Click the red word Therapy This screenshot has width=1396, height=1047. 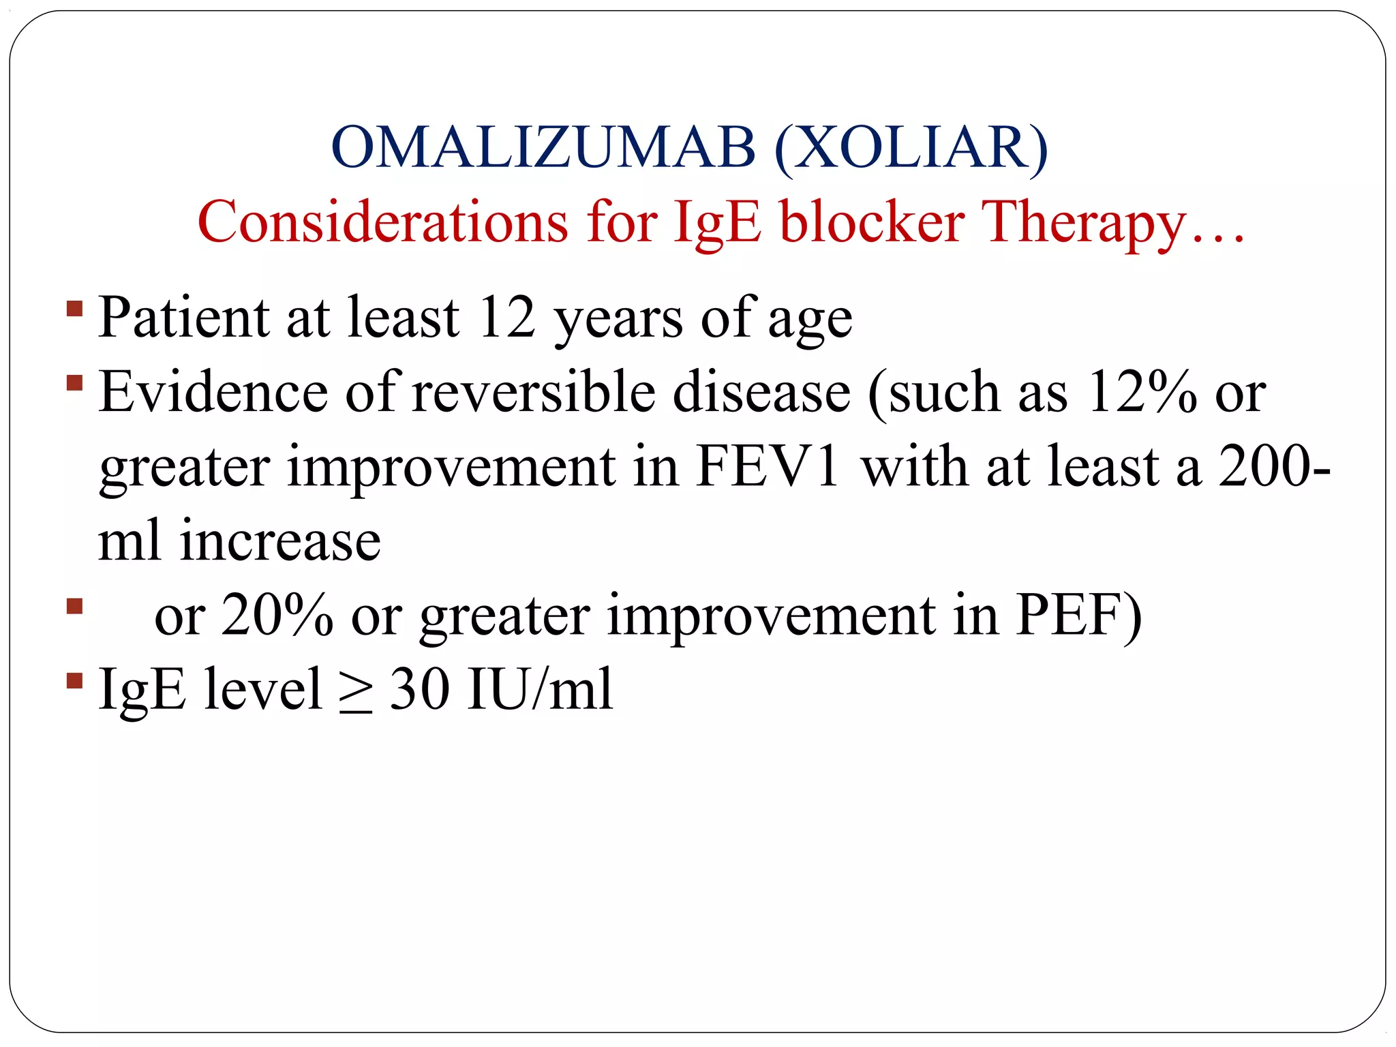pyautogui.click(x=1084, y=223)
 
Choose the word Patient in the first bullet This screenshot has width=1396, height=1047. pyautogui.click(x=184, y=318)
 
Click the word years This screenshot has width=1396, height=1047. pyautogui.click(x=618, y=319)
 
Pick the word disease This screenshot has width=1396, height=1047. pyautogui.click(x=761, y=393)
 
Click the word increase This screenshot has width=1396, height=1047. pyautogui.click(x=279, y=541)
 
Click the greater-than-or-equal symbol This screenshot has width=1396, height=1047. pyautogui.click(x=356, y=691)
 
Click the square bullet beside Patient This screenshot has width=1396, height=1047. pyautogui.click(x=75, y=309)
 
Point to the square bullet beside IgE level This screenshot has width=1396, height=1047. pyautogui.click(x=75, y=681)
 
